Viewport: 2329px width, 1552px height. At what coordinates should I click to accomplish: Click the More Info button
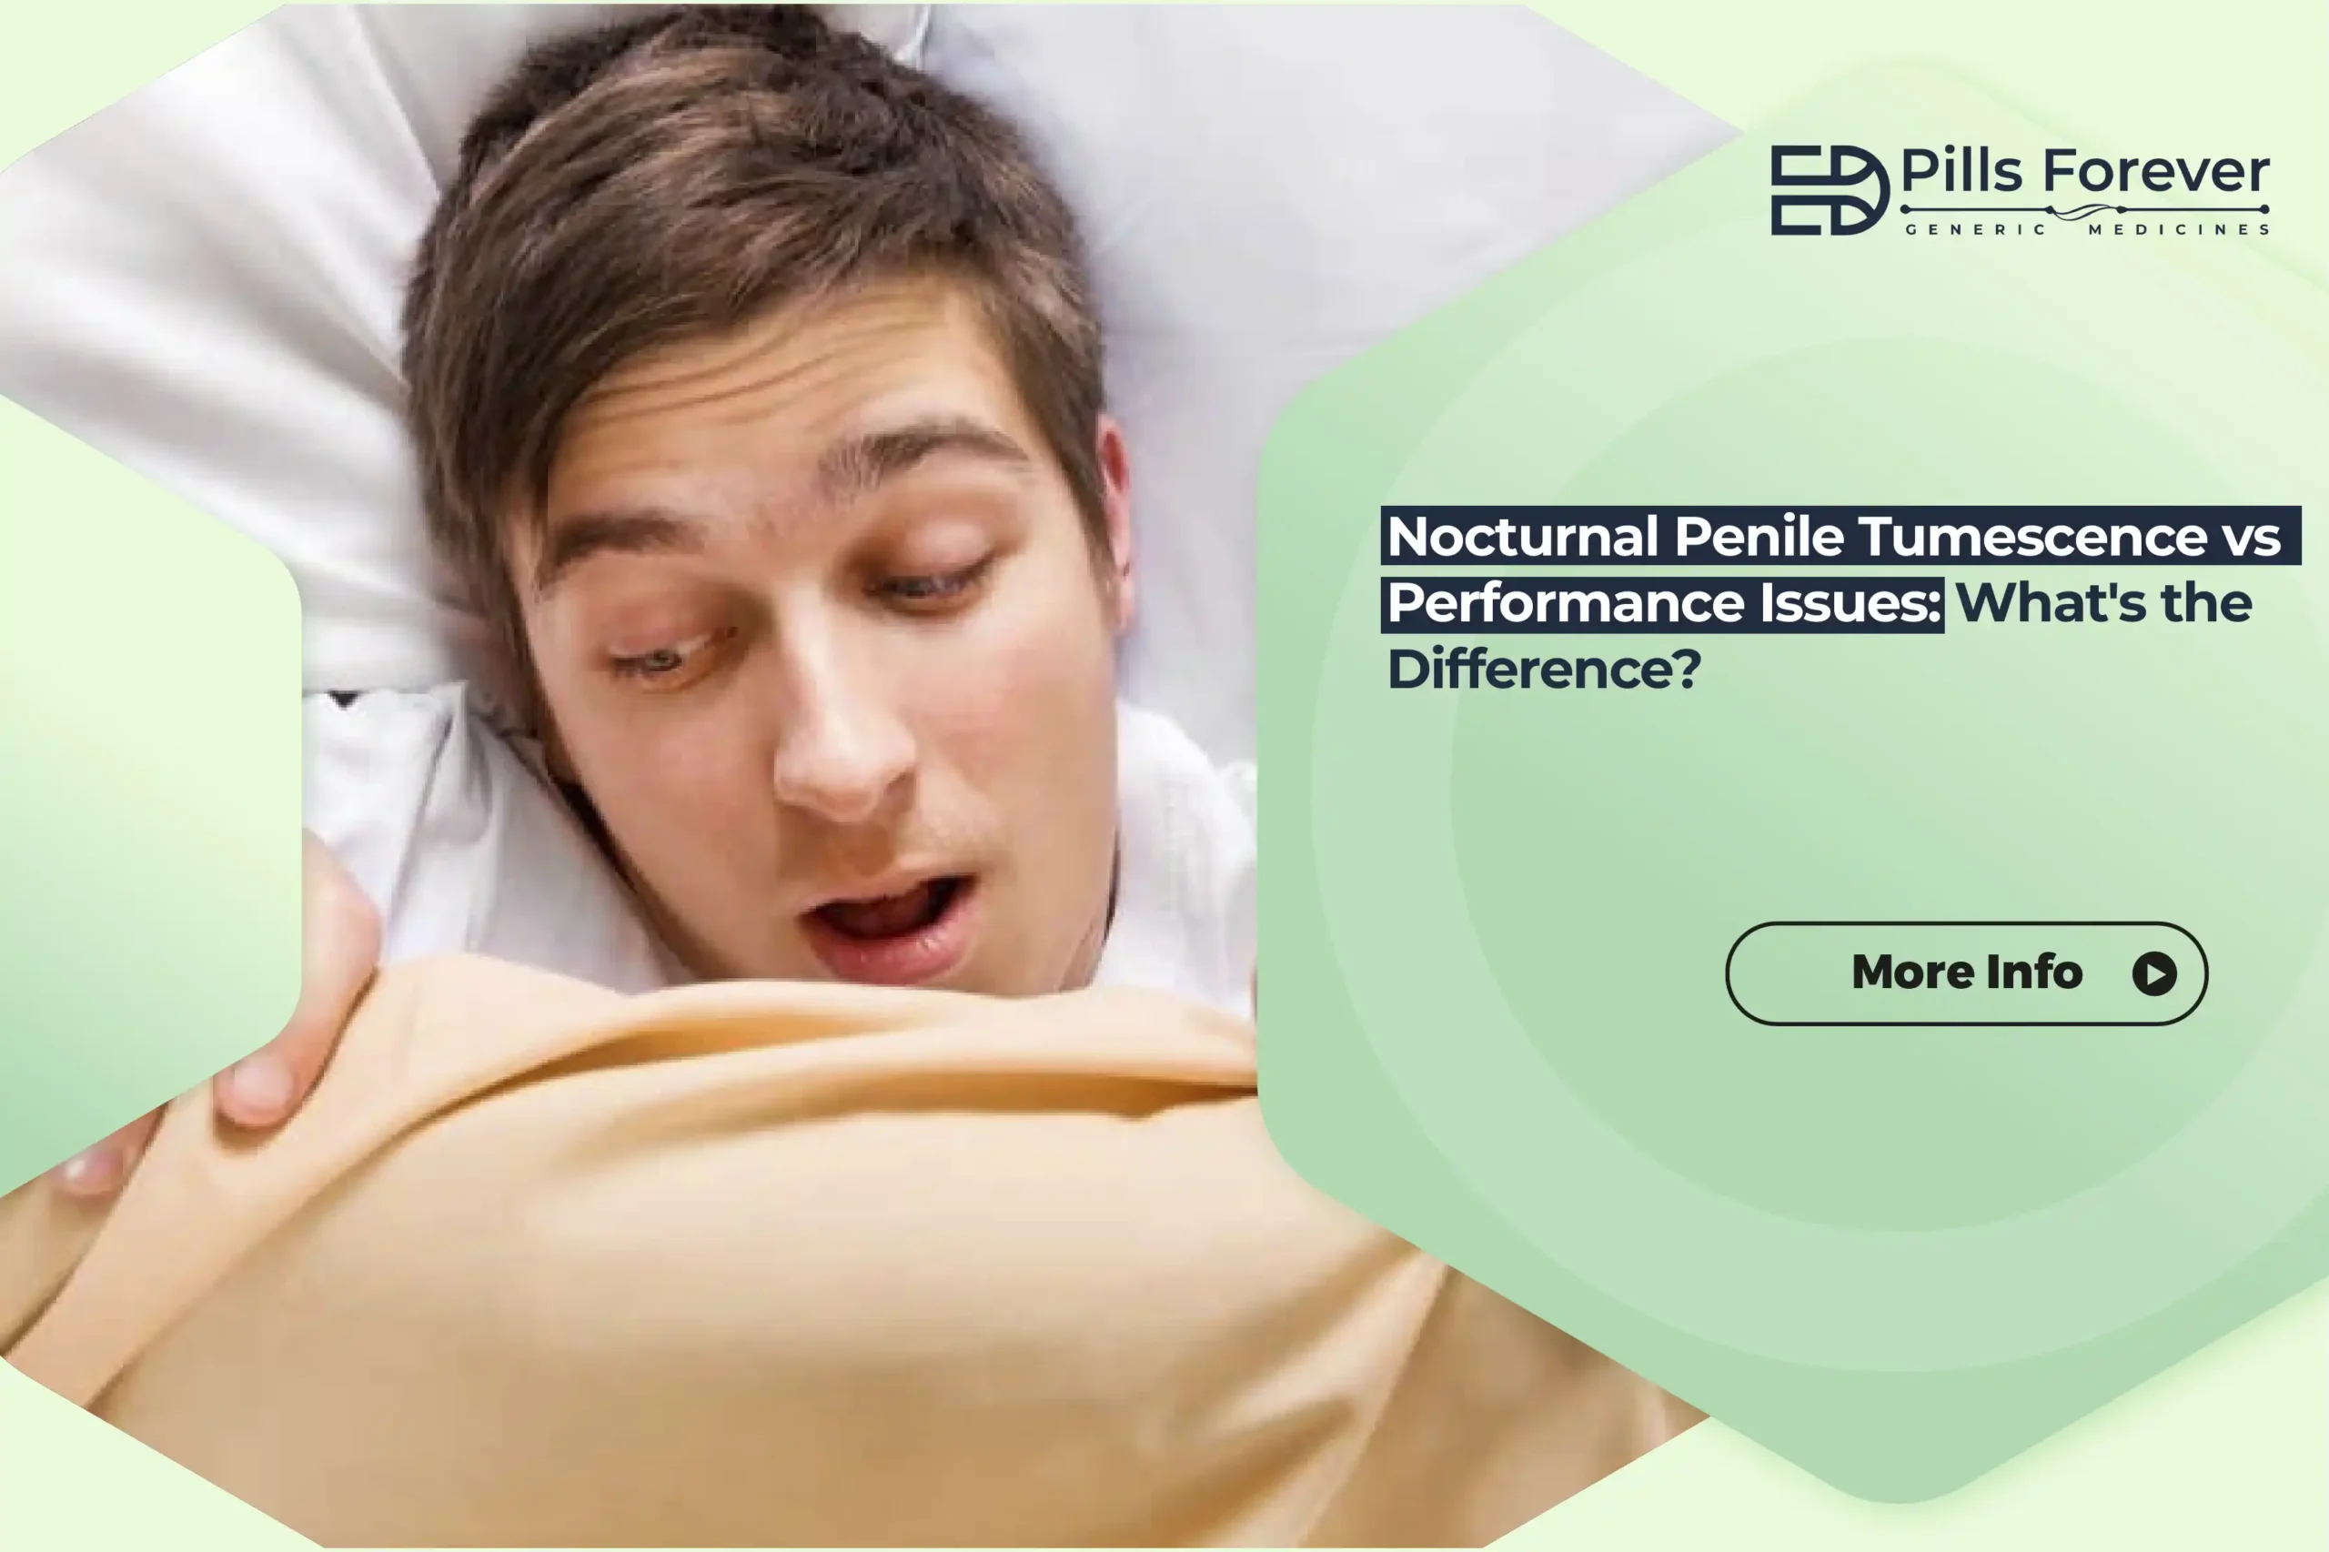(x=1966, y=973)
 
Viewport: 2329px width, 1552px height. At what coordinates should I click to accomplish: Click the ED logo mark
(x=1828, y=190)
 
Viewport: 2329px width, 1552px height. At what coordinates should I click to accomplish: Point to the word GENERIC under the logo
(x=1976, y=229)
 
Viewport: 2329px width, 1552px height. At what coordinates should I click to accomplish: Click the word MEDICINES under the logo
(x=2179, y=229)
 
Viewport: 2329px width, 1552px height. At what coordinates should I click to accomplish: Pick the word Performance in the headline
(x=1565, y=603)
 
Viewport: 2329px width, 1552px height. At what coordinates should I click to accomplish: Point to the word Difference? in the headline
(x=1544, y=669)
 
